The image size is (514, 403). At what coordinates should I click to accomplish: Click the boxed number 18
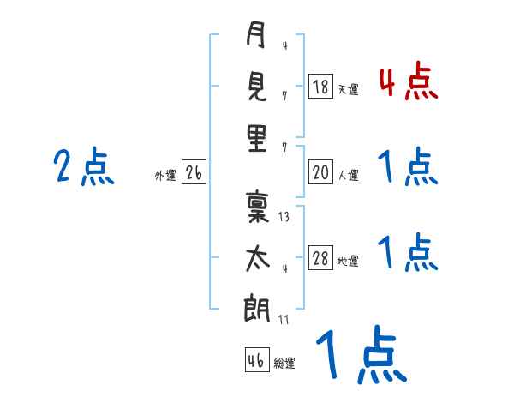(320, 87)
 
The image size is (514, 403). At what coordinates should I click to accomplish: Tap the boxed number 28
(320, 259)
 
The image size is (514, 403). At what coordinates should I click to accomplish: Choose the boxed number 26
(194, 173)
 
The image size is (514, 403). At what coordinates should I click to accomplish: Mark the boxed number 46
(256, 360)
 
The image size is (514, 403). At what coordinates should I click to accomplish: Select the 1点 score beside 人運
(408, 168)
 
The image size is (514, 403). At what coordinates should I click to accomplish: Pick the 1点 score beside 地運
(408, 254)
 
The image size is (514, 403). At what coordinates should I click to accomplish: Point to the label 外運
(165, 176)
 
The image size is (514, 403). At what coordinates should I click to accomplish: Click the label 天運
(348, 89)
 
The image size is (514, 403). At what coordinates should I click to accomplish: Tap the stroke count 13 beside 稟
(284, 218)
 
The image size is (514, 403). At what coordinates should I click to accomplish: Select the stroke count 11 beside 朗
(284, 320)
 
